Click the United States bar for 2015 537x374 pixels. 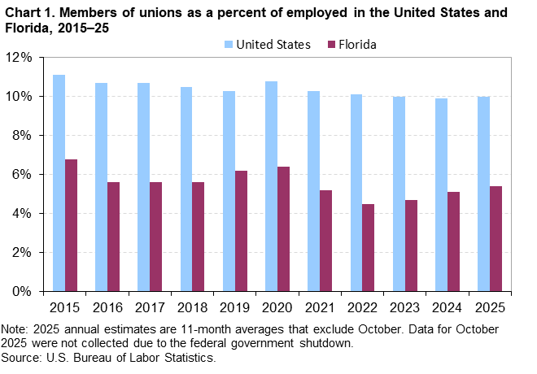[59, 183]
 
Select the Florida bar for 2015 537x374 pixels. [72, 225]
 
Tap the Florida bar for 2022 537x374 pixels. [369, 247]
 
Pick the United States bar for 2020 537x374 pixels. [271, 186]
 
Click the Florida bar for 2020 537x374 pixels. [284, 228]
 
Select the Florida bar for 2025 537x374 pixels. [496, 238]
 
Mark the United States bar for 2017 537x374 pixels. [144, 187]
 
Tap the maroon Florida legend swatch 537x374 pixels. [327, 44]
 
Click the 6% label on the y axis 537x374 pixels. [22, 174]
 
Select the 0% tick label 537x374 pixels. [22, 291]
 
